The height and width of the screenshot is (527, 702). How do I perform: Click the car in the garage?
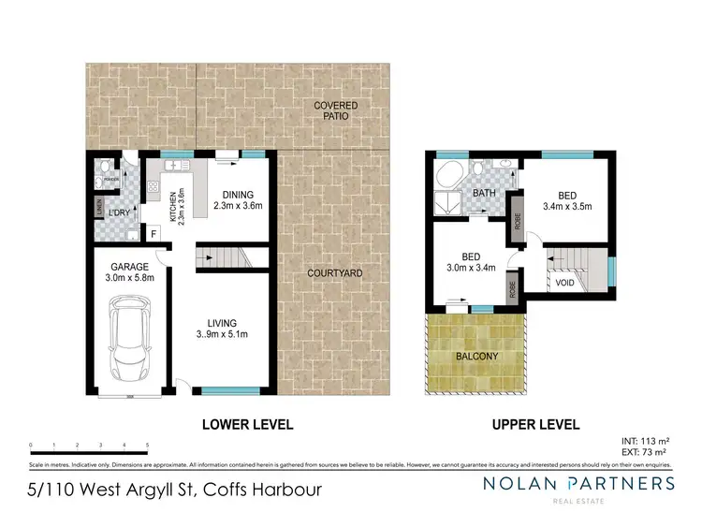click(x=128, y=337)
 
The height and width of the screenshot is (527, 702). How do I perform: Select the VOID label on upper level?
click(x=564, y=280)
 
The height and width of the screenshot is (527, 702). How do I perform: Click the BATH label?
click(x=484, y=195)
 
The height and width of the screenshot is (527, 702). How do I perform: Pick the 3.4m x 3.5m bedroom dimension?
click(x=569, y=207)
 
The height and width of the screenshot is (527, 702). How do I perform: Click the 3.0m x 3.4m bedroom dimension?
click(x=464, y=265)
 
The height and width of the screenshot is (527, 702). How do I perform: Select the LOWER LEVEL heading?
click(x=248, y=424)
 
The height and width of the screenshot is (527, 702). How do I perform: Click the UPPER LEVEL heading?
click(x=535, y=424)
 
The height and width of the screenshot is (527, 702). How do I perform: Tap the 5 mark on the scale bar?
click(x=148, y=445)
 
